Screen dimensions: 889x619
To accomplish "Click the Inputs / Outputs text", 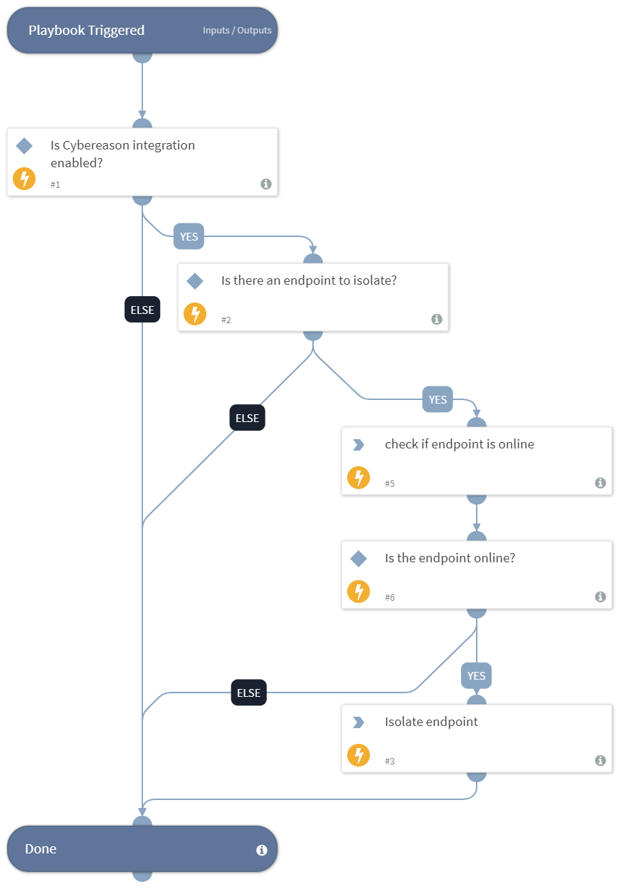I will click(237, 31).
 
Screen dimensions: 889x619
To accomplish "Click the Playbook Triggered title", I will click(86, 30).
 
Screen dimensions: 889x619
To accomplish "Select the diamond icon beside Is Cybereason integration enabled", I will click(24, 146).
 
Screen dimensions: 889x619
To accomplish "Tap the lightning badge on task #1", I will click(24, 179).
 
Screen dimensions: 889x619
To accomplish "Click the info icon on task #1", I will click(266, 184).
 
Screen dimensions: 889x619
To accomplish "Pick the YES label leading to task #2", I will click(189, 236).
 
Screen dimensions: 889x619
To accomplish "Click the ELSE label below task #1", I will click(142, 310).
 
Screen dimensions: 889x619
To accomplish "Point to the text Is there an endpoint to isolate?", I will click(309, 280).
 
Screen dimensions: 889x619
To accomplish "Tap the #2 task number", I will click(226, 320).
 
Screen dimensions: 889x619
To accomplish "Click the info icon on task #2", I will click(437, 320).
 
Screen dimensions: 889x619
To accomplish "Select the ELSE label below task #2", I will click(247, 418).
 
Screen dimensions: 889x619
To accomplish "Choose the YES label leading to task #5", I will click(438, 399).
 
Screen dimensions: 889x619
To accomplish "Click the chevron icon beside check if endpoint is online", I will click(359, 445).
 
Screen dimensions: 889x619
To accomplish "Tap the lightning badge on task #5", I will click(359, 478).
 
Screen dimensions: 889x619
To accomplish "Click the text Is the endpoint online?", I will click(450, 558).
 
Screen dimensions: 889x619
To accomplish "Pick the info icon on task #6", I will click(601, 597).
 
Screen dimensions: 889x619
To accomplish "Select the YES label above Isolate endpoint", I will click(476, 675).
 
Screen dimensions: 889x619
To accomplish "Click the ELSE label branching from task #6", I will click(248, 693).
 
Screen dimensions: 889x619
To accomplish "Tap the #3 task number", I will click(389, 762).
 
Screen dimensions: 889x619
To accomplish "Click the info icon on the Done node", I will click(261, 850).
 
